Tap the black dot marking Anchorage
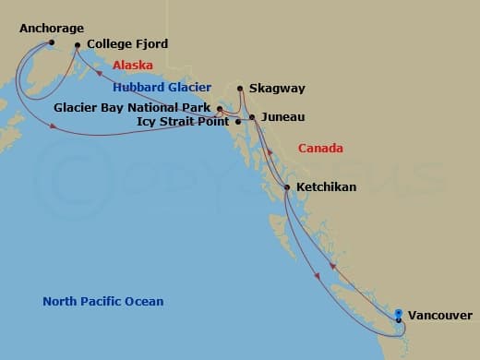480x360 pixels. tap(52, 42)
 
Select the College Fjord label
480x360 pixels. tap(127, 44)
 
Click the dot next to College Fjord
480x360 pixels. tap(77, 44)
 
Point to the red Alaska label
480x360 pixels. tap(133, 66)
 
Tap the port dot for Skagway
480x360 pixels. tap(240, 89)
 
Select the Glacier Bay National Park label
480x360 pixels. tap(133, 107)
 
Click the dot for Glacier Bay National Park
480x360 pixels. tap(219, 109)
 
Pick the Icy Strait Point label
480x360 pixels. tap(183, 121)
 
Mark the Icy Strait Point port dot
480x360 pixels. tap(238, 121)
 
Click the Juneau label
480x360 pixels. tap(282, 117)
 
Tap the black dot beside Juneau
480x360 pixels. tap(252, 117)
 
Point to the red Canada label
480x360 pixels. tap(321, 148)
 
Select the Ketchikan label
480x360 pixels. tap(327, 187)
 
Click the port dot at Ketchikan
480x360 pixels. tap(287, 187)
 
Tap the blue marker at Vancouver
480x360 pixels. tap(399, 314)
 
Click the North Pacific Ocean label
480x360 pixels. tap(103, 302)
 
